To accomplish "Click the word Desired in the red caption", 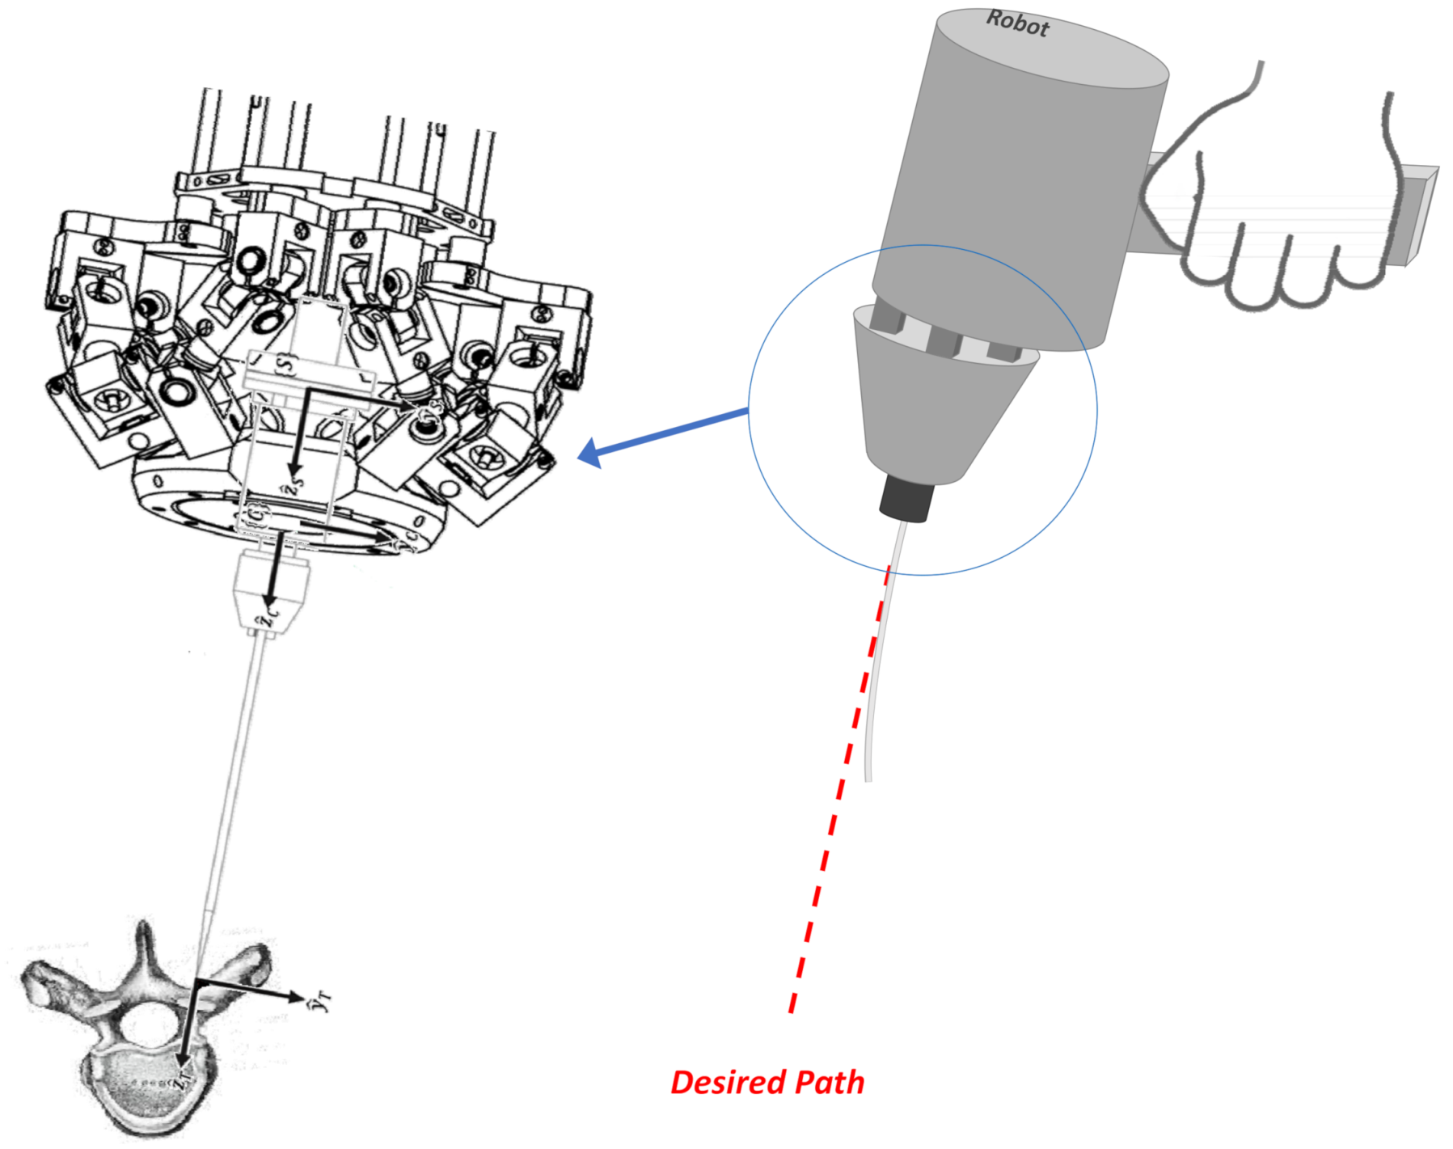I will pyautogui.click(x=728, y=1082).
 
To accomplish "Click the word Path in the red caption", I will pyautogui.click(x=830, y=1082).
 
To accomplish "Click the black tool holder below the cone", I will pyautogui.click(x=906, y=498).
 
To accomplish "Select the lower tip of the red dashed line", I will pyautogui.click(x=792, y=1011).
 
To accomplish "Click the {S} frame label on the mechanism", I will pyautogui.click(x=285, y=364).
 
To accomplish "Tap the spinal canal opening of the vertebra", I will pyautogui.click(x=148, y=1027).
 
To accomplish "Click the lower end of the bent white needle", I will pyautogui.click(x=868, y=778).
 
